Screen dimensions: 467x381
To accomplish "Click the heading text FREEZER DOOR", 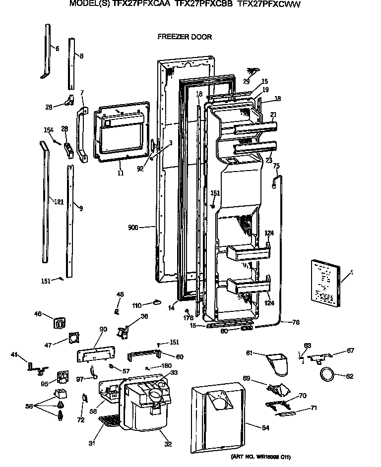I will pos(185,37).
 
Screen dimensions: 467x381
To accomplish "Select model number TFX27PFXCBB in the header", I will pos(204,4).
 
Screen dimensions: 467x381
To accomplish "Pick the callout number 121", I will pos(59,201).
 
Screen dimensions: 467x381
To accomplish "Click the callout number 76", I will pos(296,323).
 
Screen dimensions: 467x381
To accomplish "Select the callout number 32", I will pos(168,444).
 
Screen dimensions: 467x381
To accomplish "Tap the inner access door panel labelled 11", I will pos(121,133).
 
